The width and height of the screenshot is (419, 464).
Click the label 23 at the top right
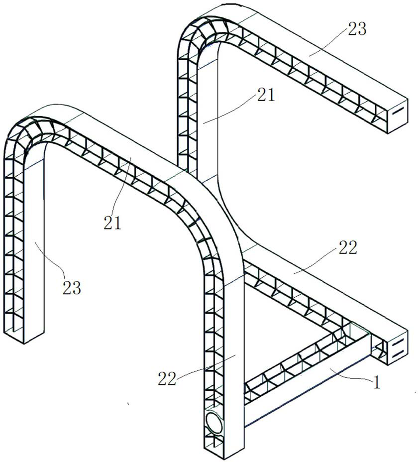click(357, 29)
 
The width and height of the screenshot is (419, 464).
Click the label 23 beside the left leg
click(71, 287)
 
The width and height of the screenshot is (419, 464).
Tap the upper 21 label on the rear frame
click(266, 95)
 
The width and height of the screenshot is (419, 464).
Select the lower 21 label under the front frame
click(113, 223)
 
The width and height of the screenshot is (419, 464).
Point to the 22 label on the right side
click(347, 247)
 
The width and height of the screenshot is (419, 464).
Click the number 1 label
click(377, 382)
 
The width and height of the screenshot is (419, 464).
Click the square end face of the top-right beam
click(398, 115)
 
